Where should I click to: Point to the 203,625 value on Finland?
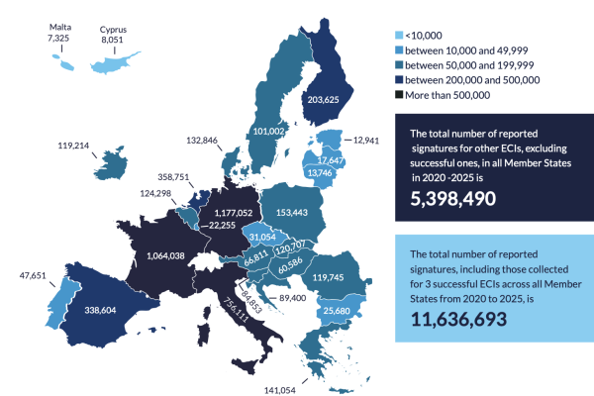pos(331,99)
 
